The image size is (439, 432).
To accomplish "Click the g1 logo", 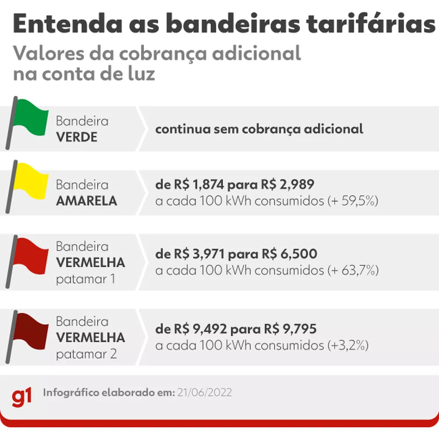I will [22, 397].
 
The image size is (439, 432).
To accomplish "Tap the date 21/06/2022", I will [205, 392].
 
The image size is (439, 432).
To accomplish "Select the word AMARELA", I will [86, 201].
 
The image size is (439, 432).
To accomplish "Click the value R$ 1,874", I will [197, 185].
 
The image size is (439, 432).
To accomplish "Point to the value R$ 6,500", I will [289, 254].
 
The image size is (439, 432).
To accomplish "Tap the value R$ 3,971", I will [197, 254].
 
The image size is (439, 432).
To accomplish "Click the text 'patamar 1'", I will [85, 279].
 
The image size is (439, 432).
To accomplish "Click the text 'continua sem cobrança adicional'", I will [259, 129].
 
